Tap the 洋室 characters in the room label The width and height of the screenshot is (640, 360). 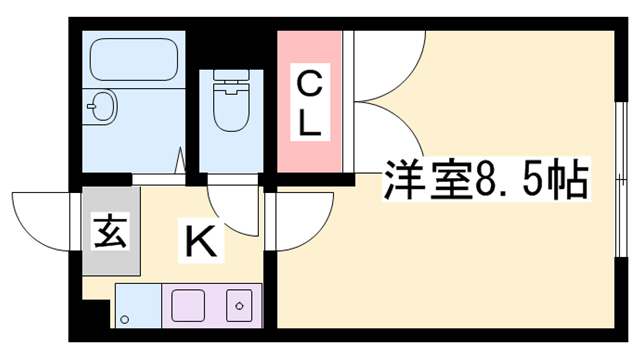[417, 181]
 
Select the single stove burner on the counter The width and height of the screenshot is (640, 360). [240, 302]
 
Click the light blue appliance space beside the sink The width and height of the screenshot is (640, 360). [136, 305]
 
